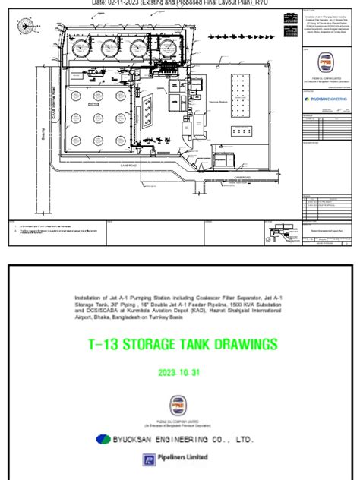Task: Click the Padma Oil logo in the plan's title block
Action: tap(326, 83)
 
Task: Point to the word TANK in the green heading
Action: tap(204, 345)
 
